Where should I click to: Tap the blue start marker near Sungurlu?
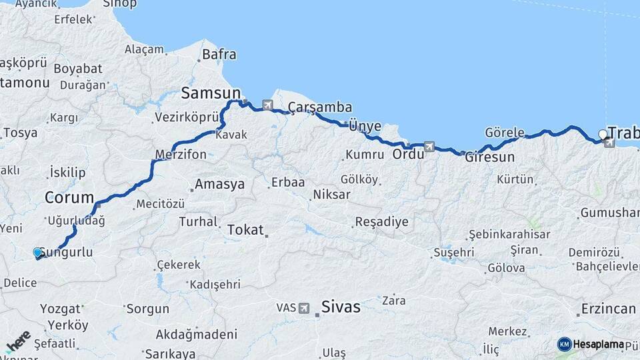pos(37,253)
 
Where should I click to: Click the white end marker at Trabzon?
pos(603,134)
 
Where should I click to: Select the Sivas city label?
pos(340,307)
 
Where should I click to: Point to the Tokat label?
pos(245,230)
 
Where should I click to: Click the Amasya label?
pos(219,185)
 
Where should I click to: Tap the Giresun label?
pos(490,158)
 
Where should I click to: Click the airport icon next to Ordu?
pos(429,147)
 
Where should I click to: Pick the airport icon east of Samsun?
pos(268,105)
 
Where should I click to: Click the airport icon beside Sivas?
pos(304,308)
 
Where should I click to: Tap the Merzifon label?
pos(181,155)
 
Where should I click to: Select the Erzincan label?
pos(608,309)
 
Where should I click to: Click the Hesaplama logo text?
pos(597,345)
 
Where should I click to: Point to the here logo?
pos(18,341)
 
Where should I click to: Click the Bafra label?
pos(219,55)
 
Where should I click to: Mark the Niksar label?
pos(331,195)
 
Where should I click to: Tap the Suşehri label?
pos(454,253)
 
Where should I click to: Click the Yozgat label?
pos(60,309)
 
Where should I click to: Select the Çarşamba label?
pos(320,107)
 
